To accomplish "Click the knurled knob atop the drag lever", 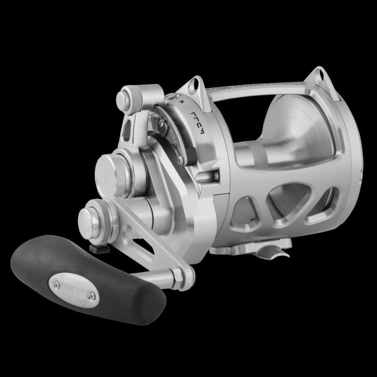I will (130, 97).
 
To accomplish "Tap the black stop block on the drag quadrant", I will (190, 155).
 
